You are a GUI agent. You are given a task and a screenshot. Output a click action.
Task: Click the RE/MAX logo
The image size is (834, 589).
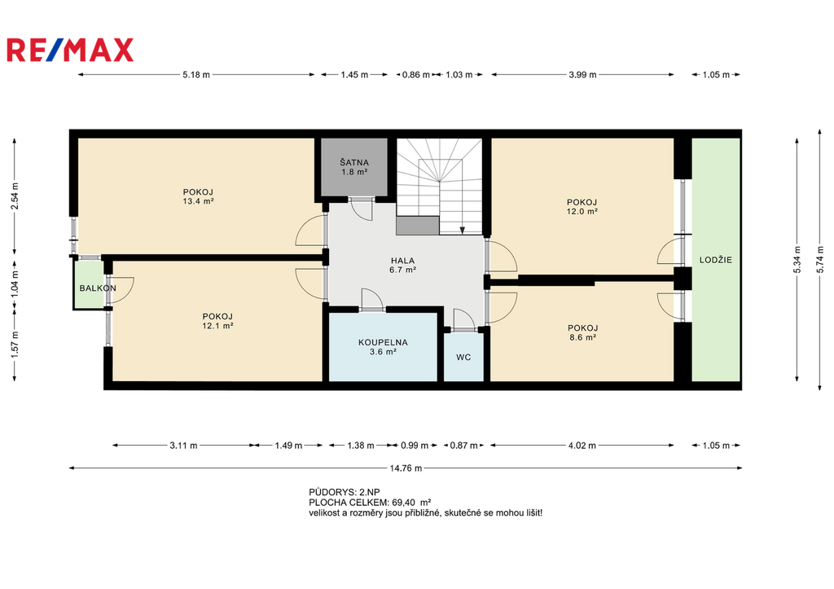pos(70,50)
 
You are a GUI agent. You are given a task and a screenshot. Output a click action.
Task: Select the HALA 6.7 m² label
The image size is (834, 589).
pos(402,265)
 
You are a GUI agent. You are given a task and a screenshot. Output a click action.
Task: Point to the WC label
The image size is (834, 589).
pos(463,357)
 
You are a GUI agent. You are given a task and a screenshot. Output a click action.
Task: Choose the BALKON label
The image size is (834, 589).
pos(98,288)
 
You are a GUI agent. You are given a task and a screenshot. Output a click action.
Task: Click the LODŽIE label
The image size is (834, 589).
pos(715,260)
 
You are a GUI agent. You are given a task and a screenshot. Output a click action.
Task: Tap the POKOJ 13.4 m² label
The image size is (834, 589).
pos(199,196)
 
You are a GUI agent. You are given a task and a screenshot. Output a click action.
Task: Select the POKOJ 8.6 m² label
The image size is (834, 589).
pos(582,332)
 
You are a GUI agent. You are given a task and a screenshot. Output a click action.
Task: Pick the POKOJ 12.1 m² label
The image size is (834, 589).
pos(217,321)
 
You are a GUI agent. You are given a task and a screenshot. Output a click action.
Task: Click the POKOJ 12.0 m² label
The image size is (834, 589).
pos(582,206)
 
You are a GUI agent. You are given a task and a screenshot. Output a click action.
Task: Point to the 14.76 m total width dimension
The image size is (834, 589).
pos(406,468)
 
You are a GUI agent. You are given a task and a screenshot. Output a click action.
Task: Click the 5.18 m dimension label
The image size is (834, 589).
pos(196,74)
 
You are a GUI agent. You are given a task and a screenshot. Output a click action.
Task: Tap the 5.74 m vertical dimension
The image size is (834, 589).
pos(819,260)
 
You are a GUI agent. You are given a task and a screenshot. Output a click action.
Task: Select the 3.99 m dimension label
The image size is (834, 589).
pos(582,74)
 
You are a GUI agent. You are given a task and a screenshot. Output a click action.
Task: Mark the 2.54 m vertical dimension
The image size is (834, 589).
pos(15,196)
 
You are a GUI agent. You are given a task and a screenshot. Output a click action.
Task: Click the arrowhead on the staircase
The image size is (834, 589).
pos(463,231)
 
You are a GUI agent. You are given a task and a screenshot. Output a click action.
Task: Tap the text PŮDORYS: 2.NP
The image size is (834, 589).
pos(345,492)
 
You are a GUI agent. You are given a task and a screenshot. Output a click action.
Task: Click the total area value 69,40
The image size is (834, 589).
pos(403,503)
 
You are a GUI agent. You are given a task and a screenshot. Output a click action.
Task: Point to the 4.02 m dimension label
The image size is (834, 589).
pos(582,446)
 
